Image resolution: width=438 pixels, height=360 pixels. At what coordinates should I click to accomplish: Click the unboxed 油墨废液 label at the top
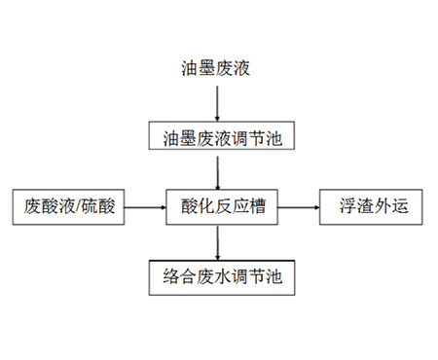click(x=217, y=68)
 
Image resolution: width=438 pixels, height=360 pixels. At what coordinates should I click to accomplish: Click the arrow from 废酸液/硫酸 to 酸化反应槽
click(x=145, y=207)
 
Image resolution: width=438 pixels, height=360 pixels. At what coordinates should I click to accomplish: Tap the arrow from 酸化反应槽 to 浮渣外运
click(x=296, y=207)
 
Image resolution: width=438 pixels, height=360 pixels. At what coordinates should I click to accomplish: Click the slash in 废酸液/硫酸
click(x=83, y=207)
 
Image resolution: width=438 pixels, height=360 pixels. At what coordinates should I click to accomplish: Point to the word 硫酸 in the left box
click(x=102, y=207)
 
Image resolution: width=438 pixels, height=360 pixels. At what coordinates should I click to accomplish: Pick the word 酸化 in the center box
click(x=191, y=207)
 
